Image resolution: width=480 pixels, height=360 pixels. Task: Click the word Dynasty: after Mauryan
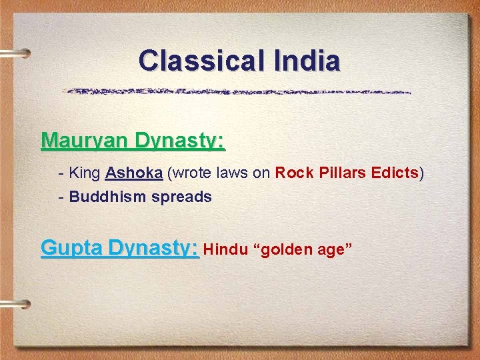(180, 142)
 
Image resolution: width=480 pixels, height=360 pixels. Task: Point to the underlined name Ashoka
(133, 173)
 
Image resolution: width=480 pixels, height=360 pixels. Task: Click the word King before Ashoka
(85, 173)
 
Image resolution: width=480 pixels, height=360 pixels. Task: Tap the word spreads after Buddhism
(181, 197)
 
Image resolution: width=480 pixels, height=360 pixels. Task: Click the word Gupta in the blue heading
(72, 249)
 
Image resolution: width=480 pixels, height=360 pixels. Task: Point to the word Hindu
(225, 250)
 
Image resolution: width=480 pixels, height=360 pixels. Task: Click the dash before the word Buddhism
(62, 197)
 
